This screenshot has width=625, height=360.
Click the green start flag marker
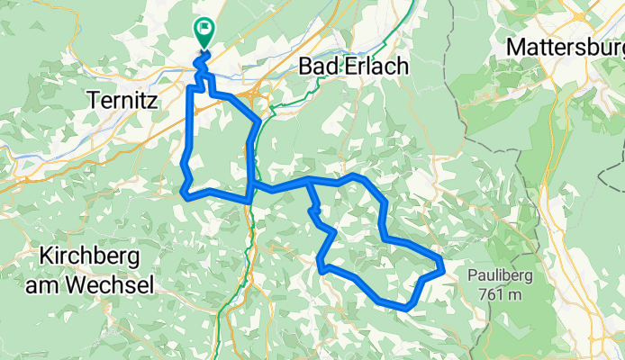(204, 31)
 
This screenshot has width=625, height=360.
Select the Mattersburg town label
(565, 46)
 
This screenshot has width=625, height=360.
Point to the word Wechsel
(112, 284)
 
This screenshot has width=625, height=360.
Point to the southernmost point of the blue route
(407, 309)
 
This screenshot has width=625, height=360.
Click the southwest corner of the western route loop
(184, 192)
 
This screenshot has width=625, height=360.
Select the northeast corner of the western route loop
(259, 121)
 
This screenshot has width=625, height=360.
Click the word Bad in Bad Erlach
(320, 67)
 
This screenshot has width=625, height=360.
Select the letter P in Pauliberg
(473, 274)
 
